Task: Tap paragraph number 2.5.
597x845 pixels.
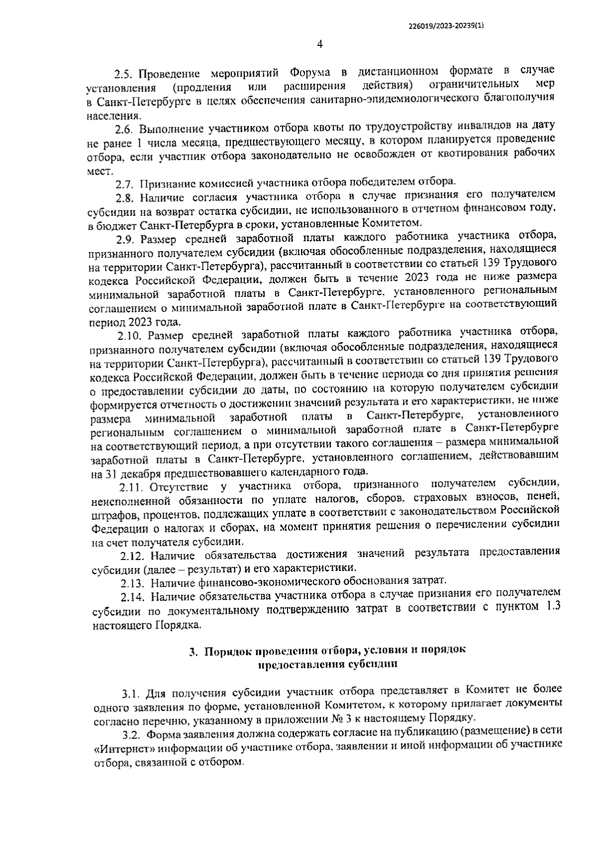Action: pyautogui.click(x=124, y=74)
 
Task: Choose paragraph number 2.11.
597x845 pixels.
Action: pyautogui.click(x=130, y=487)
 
